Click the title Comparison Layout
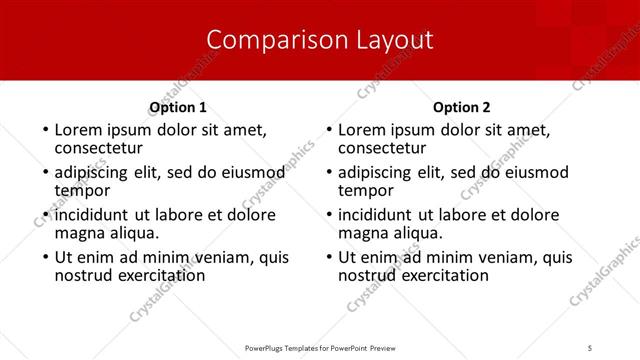click(320, 40)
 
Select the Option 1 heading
click(178, 107)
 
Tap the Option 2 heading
click(461, 107)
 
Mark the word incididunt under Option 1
click(92, 215)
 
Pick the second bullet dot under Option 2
click(328, 173)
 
